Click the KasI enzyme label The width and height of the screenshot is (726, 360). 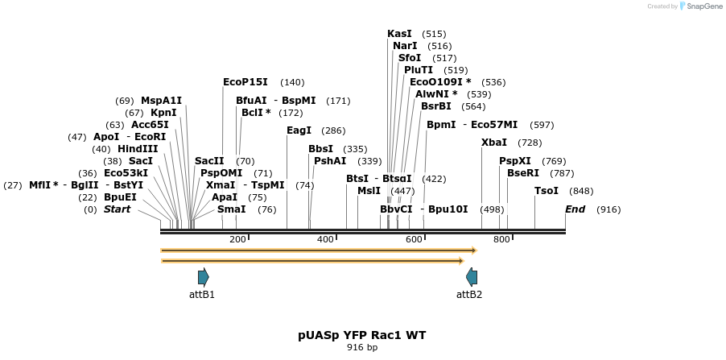point(399,34)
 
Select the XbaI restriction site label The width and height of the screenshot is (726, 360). point(493,143)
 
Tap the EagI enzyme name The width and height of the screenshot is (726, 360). point(299,130)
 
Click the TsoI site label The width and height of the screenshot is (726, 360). point(546,191)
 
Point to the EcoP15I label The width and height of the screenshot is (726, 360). point(245,82)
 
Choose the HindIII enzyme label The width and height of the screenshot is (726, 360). point(138,149)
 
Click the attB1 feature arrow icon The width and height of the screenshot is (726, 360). point(204,277)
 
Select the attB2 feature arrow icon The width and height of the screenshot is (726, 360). point(472,277)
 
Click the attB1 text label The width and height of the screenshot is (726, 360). point(201,295)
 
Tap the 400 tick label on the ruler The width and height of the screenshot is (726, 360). point(325,239)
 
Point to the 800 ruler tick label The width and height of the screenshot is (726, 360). point(501,239)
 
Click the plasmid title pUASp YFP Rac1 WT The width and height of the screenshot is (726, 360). point(362,334)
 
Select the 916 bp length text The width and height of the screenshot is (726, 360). point(362,348)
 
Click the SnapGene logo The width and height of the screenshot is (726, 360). point(700,6)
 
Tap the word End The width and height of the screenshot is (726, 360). point(575,209)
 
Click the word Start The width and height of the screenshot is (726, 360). point(117,209)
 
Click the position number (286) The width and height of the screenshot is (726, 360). point(333,130)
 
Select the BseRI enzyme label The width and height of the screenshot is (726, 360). point(523,173)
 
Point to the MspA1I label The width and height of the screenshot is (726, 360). point(161,101)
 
